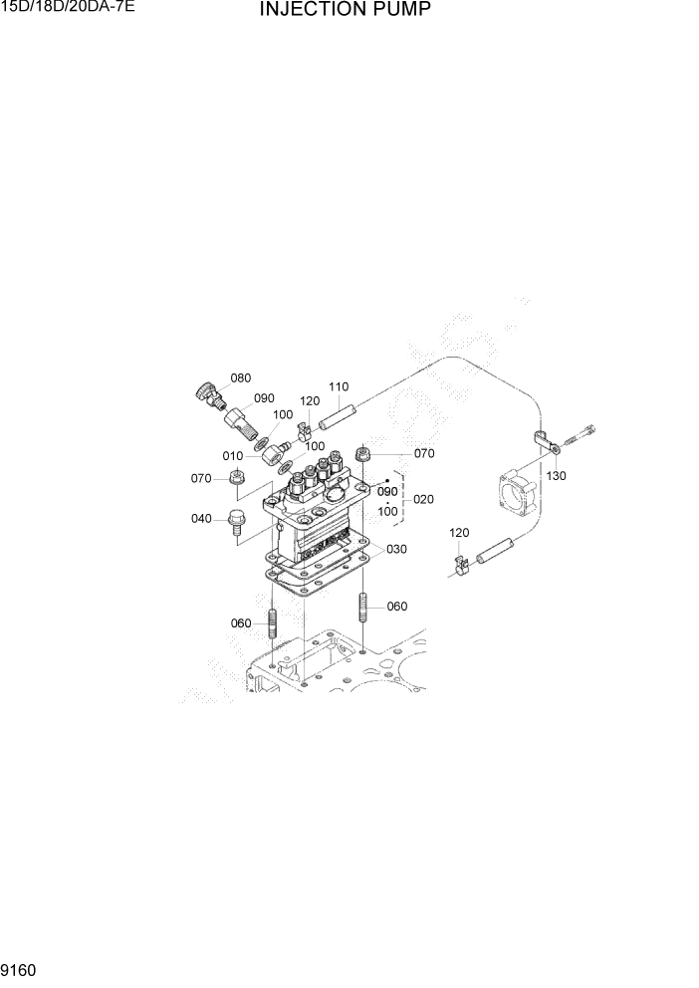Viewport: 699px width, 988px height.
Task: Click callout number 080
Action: pos(240,378)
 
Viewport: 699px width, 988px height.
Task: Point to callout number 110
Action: pos(339,386)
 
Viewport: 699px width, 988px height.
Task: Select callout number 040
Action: pos(202,518)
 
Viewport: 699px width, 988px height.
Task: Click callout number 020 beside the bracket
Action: pos(423,499)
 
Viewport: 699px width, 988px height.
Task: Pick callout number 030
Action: pos(397,550)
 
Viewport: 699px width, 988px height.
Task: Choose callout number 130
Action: pos(556,476)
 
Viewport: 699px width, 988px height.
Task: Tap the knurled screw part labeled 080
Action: pos(206,391)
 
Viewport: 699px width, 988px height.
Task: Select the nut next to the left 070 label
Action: pos(237,479)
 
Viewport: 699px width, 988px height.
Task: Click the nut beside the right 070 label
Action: pos(364,454)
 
